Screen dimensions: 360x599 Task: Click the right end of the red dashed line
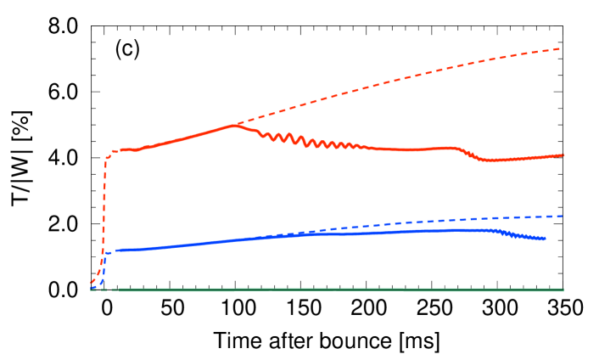[x=561, y=48]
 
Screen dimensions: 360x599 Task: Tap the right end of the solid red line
[x=563, y=155]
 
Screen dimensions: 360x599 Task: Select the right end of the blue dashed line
[x=562, y=216]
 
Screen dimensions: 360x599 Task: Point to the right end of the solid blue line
[x=544, y=239]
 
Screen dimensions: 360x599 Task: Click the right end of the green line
[x=563, y=290]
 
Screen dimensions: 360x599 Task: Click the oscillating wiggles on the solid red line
[x=305, y=141]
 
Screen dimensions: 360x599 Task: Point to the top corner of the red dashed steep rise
[x=107, y=157]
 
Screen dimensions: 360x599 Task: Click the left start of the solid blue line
[x=105, y=251]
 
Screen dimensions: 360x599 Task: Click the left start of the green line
[x=92, y=290]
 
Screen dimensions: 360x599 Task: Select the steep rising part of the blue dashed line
[x=101, y=270]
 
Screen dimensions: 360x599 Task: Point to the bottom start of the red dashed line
[x=91, y=283]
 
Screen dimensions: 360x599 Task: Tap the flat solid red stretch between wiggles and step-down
[x=407, y=149]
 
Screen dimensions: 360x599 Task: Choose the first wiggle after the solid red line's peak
[x=265, y=135]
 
